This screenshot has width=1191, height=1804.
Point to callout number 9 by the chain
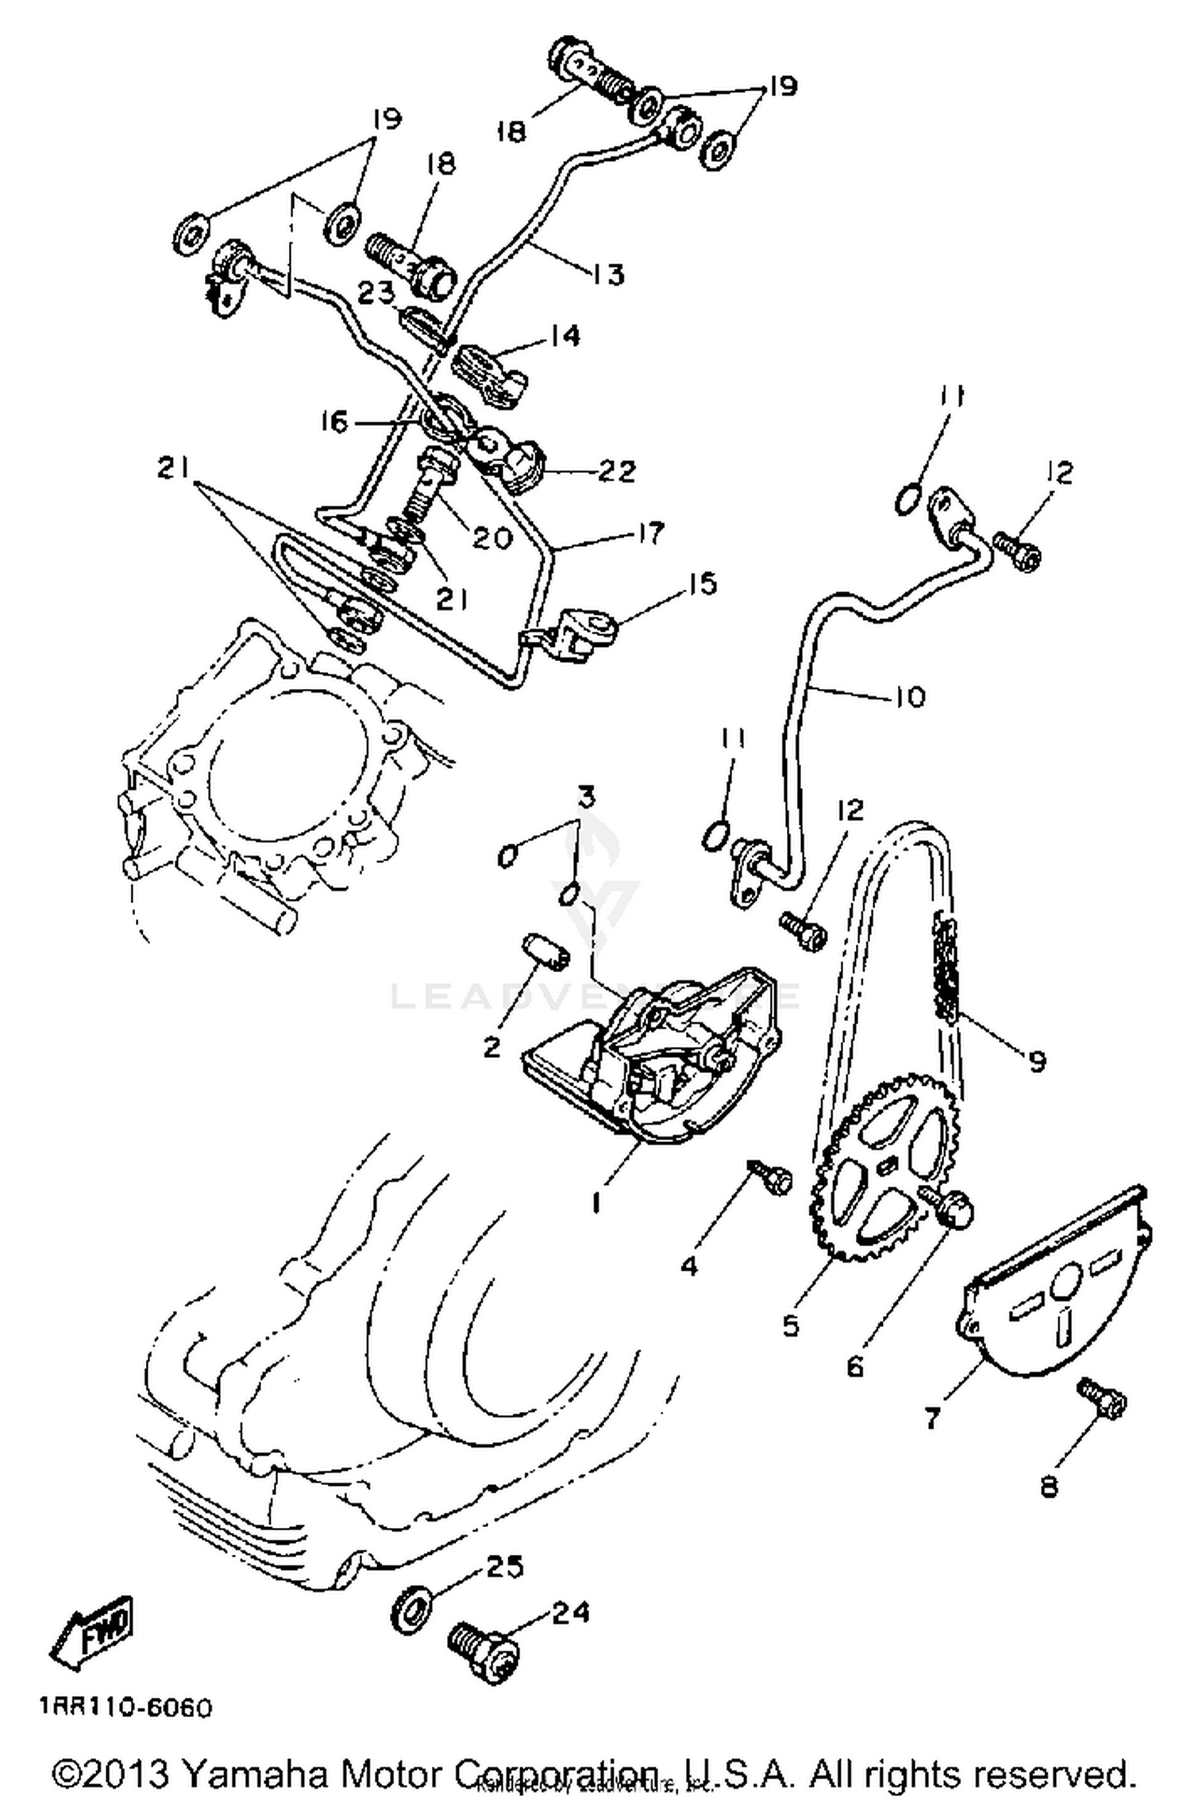point(1036,1060)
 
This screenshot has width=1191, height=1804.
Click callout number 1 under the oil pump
point(596,1203)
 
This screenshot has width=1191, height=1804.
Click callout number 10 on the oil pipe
point(910,697)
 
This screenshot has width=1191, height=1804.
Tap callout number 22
point(618,471)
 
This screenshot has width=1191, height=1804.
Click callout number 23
point(376,294)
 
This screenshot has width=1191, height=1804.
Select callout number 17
point(649,533)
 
